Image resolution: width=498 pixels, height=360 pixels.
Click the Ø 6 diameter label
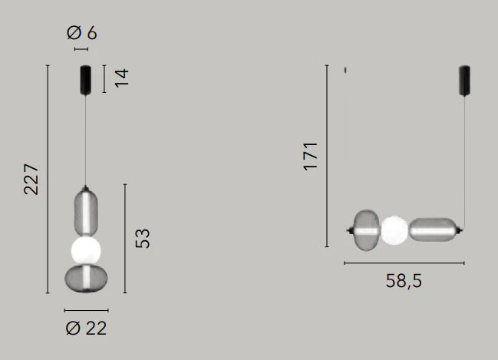point(81,33)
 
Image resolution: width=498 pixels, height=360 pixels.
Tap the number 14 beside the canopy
point(122,78)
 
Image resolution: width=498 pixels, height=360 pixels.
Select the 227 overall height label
point(31,179)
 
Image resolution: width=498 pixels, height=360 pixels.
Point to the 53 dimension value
point(142,238)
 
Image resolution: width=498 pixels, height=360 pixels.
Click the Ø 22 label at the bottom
point(86,329)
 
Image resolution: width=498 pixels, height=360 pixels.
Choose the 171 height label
point(310,157)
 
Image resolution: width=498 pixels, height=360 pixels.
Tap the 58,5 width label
point(404,281)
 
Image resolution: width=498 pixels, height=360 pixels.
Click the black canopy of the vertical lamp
point(85,80)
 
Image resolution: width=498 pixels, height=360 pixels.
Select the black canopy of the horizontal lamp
point(465,81)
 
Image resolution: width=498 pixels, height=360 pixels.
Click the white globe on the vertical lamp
point(86,250)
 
